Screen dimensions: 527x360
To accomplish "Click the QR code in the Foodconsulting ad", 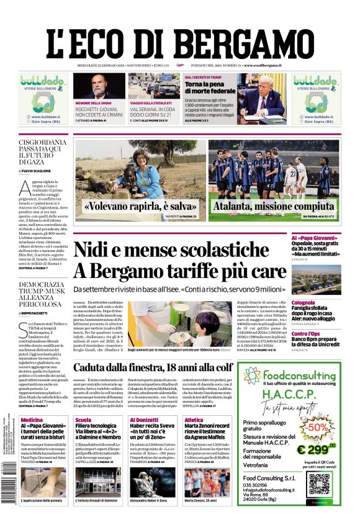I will click(319, 484).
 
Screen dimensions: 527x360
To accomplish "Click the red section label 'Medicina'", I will click(32, 420).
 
